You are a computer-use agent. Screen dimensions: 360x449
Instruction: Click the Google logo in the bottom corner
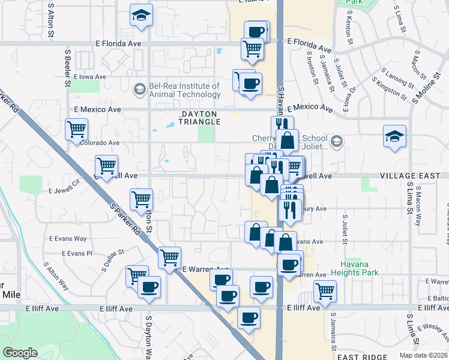[20, 353]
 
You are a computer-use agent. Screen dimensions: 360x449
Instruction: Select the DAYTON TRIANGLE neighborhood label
[197, 117]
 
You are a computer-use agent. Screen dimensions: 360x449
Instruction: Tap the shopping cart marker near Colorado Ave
[77, 130]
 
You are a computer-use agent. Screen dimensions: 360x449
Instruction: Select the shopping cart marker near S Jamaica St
[325, 292]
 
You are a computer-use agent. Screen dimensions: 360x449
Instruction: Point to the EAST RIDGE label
[366, 356]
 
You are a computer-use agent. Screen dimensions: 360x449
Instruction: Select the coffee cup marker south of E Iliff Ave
[249, 317]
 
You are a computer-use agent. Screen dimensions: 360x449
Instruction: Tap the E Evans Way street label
[68, 238]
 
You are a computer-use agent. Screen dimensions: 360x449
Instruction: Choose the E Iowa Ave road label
[88, 77]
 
